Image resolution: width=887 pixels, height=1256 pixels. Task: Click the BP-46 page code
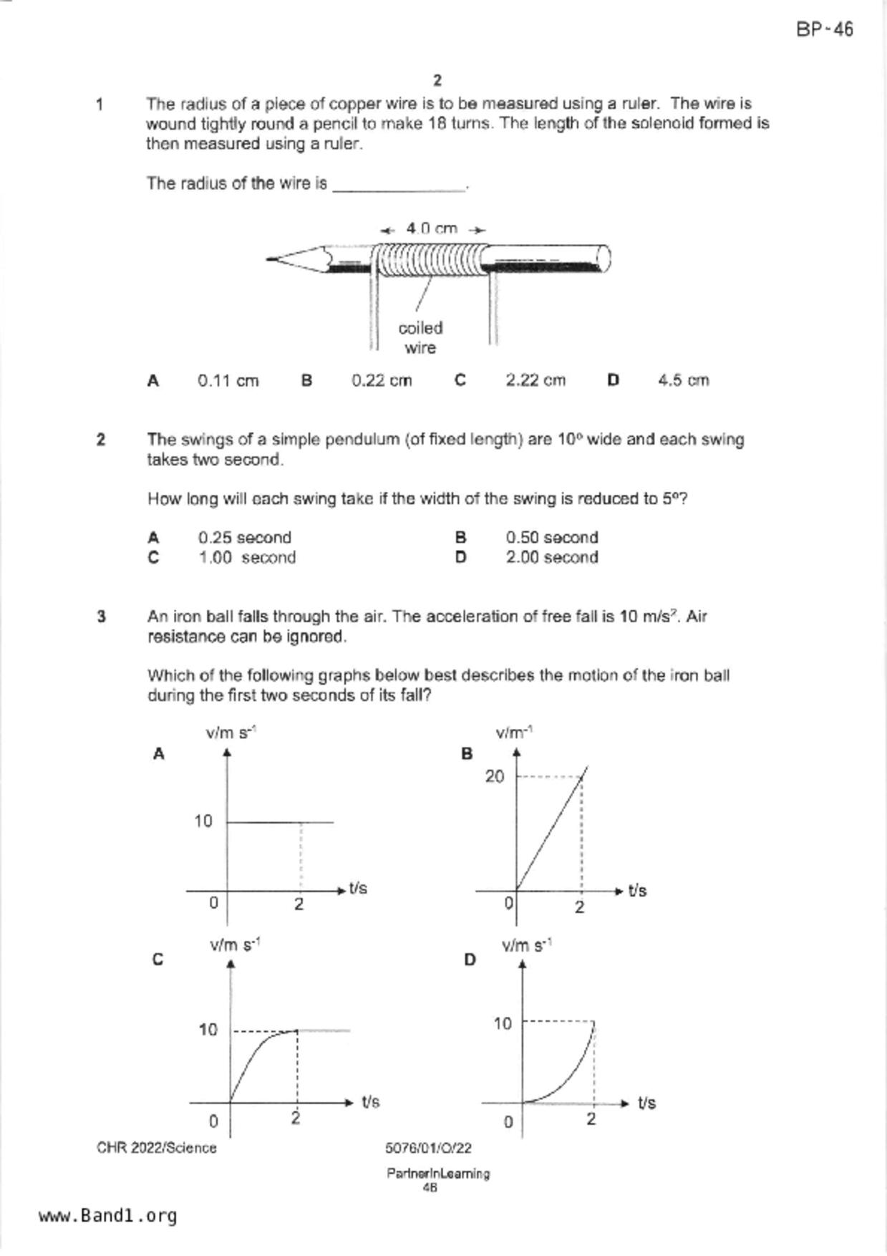(824, 29)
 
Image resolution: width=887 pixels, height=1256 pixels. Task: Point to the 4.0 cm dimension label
(432, 228)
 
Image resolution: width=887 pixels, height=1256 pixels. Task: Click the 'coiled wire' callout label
(420, 337)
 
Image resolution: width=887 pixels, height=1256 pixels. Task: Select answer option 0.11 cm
(228, 381)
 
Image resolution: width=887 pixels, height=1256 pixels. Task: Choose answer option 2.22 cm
(535, 381)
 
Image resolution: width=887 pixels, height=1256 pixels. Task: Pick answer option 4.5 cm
(683, 381)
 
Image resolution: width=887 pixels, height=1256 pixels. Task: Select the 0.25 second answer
(244, 538)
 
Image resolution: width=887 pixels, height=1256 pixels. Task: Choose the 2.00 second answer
(551, 558)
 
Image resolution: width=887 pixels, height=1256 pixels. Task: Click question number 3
(101, 617)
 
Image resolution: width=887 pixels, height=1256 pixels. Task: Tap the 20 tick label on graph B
(495, 776)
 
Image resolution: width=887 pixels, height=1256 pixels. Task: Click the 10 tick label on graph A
(203, 821)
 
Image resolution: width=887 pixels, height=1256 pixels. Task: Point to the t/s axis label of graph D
(646, 1103)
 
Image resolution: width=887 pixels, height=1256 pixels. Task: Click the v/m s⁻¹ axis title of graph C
(234, 945)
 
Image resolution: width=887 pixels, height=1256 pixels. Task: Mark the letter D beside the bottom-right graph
(470, 960)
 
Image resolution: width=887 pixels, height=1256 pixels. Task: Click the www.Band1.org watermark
(108, 1216)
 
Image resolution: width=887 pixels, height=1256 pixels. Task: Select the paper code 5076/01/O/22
(428, 1148)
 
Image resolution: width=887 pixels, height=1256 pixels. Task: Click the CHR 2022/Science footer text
(157, 1148)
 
